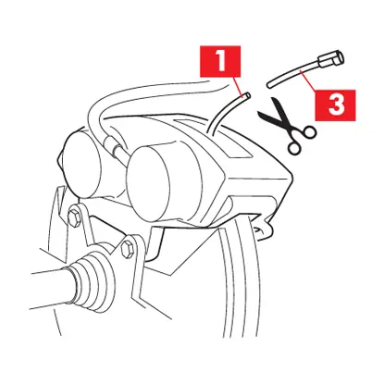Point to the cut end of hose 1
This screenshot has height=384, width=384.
pos(246,93)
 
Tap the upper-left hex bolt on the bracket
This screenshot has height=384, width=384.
pos(72,219)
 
